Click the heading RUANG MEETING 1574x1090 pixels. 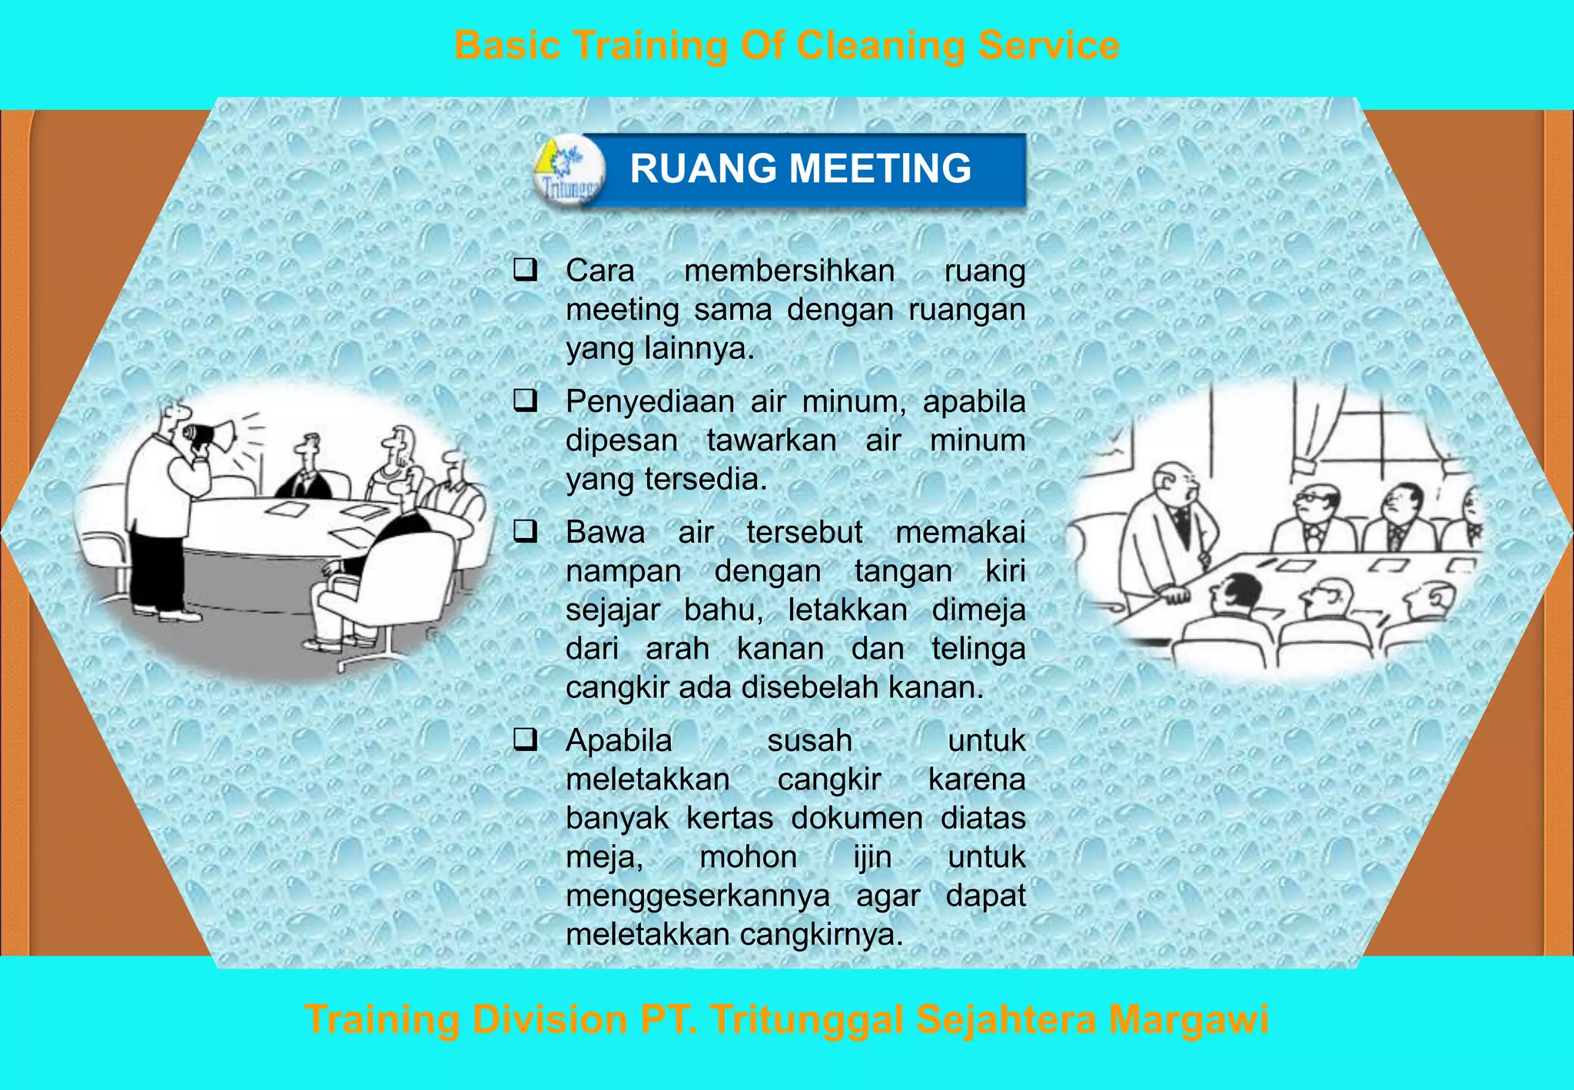click(800, 168)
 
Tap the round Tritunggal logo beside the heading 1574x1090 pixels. click(569, 170)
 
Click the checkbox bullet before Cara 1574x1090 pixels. click(526, 270)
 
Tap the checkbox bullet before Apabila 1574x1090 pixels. click(526, 739)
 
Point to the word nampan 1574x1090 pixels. click(623, 571)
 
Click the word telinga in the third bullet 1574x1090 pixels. click(978, 649)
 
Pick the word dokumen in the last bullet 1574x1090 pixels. click(857, 818)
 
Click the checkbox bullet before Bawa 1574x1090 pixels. click(526, 531)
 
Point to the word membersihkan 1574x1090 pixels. click(789, 271)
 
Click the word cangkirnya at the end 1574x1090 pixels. click(822, 935)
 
